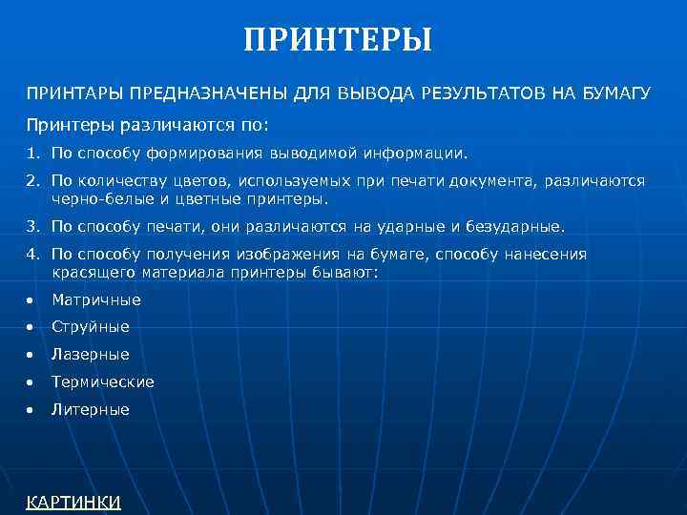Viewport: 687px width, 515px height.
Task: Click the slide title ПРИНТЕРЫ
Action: pyautogui.click(x=338, y=40)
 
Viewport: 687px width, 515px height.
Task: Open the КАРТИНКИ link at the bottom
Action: pyautogui.click(x=73, y=502)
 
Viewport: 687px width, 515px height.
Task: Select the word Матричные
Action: pyautogui.click(x=96, y=299)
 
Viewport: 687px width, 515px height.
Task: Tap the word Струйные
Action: pyautogui.click(x=91, y=327)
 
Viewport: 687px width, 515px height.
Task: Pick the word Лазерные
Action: pyautogui.click(x=91, y=355)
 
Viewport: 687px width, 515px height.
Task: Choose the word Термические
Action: pyautogui.click(x=103, y=381)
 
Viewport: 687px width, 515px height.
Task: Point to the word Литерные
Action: pyautogui.click(x=91, y=409)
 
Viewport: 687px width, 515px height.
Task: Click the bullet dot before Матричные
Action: pyautogui.click(x=31, y=300)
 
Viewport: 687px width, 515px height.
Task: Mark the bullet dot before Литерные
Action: pyautogui.click(x=31, y=410)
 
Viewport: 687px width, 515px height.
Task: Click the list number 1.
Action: pyautogui.click(x=31, y=153)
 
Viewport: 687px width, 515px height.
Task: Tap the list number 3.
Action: pyautogui.click(x=31, y=227)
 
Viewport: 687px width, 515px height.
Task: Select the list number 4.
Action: pyautogui.click(x=31, y=255)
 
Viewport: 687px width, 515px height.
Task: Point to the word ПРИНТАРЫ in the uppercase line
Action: pyautogui.click(x=69, y=93)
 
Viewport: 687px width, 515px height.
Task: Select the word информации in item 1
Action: pyautogui.click(x=417, y=153)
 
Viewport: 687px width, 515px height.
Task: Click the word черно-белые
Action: pyautogui.click(x=94, y=199)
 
